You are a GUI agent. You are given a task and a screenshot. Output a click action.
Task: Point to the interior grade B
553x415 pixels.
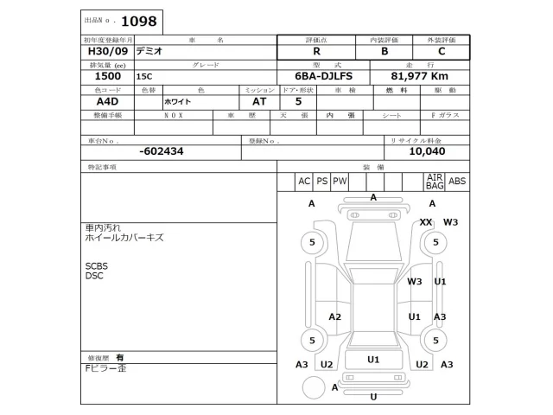[x=385, y=51]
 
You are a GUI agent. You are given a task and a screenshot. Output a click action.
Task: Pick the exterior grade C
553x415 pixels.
[x=442, y=51]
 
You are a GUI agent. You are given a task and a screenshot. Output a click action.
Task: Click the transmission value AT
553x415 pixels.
[x=259, y=101]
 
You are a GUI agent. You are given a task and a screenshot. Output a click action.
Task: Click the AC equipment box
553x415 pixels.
[x=303, y=182]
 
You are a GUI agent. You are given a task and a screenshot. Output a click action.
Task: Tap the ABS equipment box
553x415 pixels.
[x=457, y=182]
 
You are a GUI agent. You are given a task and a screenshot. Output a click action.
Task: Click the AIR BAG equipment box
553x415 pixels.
[x=435, y=182]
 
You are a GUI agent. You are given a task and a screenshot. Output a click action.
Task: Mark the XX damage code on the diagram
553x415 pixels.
[x=425, y=222]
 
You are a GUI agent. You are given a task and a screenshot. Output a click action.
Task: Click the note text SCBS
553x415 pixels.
[x=95, y=266]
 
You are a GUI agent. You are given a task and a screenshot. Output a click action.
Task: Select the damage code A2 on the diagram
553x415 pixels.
[x=335, y=316]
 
